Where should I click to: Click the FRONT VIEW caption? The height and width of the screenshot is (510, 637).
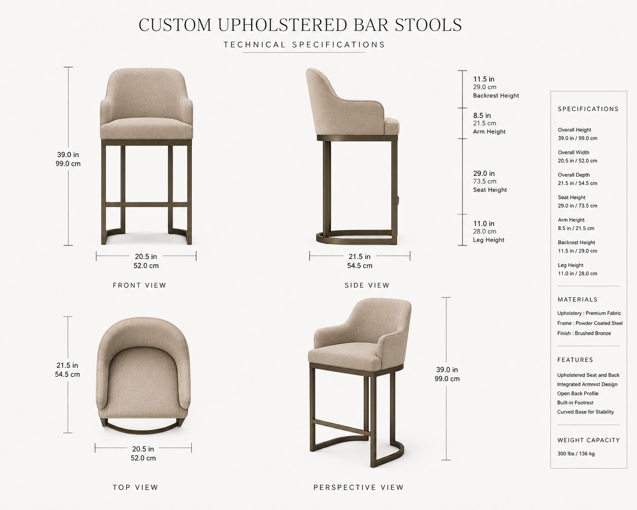139,285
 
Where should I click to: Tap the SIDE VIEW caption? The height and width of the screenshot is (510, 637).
367,285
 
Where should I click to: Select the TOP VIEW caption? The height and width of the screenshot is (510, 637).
135,487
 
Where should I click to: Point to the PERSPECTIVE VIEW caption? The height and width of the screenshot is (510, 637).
358,487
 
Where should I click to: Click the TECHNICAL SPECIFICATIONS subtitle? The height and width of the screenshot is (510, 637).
304,45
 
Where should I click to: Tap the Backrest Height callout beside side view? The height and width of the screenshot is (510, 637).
496,95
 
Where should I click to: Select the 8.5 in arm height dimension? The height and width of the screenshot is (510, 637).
482,115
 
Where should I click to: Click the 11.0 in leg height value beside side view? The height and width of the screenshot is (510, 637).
484,224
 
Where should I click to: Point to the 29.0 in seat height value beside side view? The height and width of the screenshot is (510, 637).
484,173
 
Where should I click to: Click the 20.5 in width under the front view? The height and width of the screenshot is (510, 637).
146,256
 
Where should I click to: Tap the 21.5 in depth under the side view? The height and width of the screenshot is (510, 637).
359,256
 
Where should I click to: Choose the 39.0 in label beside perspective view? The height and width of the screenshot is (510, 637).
447,370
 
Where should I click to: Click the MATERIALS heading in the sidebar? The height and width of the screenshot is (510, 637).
577,300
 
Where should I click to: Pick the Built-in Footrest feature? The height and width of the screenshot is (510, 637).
575,403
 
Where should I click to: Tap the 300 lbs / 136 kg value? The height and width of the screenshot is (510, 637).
576,454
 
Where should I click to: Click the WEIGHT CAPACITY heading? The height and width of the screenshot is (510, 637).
588,440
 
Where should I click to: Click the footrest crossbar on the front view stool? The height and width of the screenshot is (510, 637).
146,205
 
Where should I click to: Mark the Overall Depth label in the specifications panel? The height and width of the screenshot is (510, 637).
574,175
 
